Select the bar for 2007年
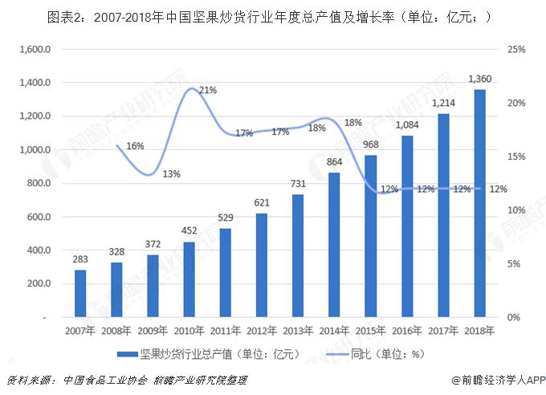(x=80, y=293)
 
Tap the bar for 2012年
(x=261, y=265)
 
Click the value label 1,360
(x=479, y=79)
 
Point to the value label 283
(x=80, y=260)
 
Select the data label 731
(x=298, y=185)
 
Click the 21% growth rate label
(x=208, y=90)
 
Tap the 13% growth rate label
(x=170, y=174)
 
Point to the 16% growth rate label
(x=135, y=145)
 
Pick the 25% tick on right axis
(x=517, y=50)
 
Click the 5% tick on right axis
(x=514, y=264)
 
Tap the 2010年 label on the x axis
(x=189, y=329)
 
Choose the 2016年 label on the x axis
(x=406, y=329)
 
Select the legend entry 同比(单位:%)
(x=379, y=353)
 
